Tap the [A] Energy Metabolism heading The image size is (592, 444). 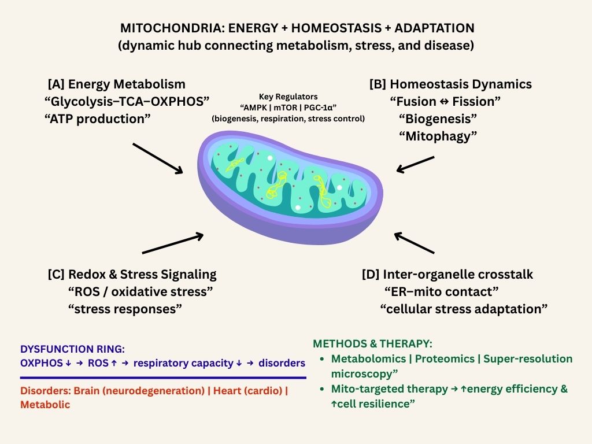(x=117, y=84)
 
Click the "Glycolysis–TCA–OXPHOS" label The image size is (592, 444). (x=126, y=102)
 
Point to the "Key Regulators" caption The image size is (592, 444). (x=288, y=97)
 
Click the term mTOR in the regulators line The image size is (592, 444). (x=288, y=108)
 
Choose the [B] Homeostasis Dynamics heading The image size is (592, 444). (x=450, y=84)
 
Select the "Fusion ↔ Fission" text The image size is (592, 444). (x=445, y=102)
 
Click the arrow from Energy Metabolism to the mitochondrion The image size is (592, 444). (x=158, y=158)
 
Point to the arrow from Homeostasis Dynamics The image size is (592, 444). (x=415, y=163)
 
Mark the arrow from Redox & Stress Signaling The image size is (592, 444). (x=172, y=243)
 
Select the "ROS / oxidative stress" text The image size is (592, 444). (x=140, y=291)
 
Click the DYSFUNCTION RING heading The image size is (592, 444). (x=72, y=349)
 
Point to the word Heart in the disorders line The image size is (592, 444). (x=227, y=390)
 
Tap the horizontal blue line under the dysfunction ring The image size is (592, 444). (x=162, y=377)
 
